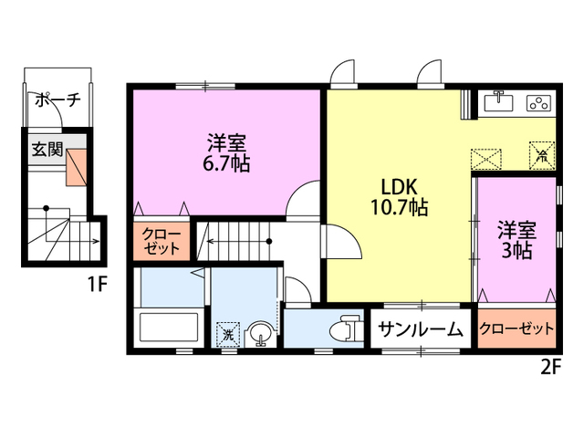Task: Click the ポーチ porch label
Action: (57, 100)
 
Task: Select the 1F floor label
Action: (98, 283)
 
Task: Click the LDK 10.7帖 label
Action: (399, 194)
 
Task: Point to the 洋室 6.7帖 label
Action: (228, 152)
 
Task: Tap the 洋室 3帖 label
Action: (516, 238)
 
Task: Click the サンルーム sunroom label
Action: (421, 330)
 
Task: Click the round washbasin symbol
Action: (260, 334)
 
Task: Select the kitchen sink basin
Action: (498, 103)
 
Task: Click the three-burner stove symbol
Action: (538, 103)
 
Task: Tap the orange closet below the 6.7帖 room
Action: (162, 241)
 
